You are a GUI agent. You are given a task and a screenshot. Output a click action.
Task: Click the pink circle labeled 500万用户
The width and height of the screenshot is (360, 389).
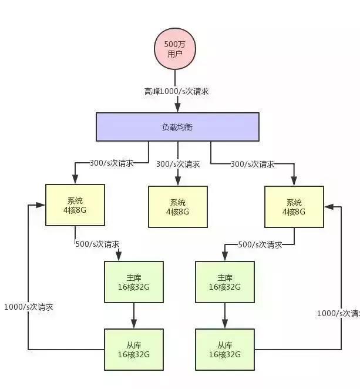[174, 48]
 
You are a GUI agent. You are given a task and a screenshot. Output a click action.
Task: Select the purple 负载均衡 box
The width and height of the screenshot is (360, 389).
[177, 127]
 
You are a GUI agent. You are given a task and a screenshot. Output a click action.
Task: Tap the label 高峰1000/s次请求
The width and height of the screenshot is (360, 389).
[177, 91]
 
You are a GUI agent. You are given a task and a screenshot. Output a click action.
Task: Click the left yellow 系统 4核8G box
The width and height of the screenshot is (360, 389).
[75, 205]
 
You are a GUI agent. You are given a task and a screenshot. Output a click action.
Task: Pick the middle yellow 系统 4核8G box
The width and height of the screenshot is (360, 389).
[177, 207]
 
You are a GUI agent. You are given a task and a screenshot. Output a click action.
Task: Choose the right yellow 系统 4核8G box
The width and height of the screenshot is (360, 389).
[294, 207]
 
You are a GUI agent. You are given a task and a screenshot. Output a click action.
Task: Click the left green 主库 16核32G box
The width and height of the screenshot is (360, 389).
[133, 282]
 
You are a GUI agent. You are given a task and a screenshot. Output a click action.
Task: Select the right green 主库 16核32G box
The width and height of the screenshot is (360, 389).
[224, 282]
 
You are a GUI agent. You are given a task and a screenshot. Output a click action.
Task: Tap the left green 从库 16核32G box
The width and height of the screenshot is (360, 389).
[133, 350]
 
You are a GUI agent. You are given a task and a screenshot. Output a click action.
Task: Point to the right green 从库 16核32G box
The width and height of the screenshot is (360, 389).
[224, 350]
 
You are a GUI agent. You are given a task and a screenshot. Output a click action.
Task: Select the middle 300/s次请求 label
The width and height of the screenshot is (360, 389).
[177, 165]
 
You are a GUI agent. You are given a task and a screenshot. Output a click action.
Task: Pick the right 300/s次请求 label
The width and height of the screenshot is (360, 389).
[253, 164]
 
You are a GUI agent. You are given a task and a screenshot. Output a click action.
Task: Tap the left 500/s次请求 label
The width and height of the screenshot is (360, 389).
[97, 244]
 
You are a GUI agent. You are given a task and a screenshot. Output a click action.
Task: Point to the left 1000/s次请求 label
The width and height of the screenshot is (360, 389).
[28, 307]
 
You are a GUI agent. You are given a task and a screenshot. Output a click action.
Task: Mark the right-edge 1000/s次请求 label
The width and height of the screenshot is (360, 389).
[338, 313]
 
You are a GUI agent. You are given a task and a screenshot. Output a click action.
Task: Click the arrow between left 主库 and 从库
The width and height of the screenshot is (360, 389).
[134, 316]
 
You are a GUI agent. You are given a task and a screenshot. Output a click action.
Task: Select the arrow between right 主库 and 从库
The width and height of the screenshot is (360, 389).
[224, 316]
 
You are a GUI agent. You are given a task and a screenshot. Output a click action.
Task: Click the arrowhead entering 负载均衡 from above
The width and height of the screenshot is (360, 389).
[177, 108]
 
